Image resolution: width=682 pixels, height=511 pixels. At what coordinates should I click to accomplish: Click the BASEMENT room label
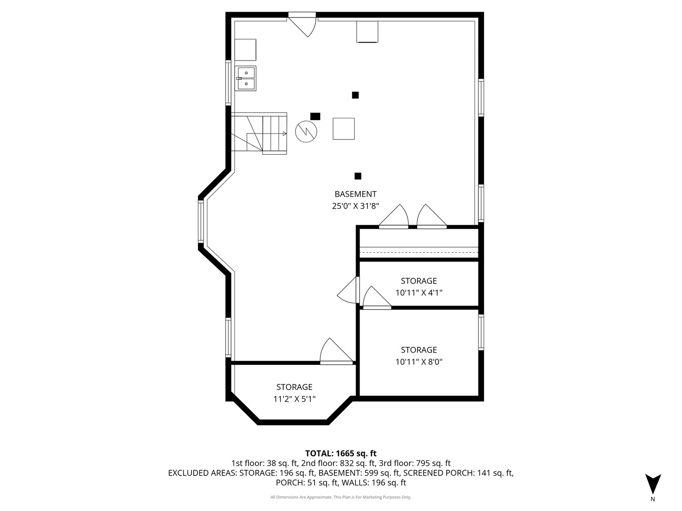(x=355, y=194)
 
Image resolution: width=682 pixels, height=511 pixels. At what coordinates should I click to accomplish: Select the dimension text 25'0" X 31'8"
(x=355, y=206)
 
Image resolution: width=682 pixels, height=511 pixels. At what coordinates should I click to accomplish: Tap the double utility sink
(x=246, y=79)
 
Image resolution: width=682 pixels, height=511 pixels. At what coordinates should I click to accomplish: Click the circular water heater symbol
(x=306, y=131)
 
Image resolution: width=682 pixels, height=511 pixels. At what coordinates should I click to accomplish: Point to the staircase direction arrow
(x=284, y=134)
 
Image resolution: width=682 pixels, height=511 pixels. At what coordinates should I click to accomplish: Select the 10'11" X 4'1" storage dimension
(x=419, y=293)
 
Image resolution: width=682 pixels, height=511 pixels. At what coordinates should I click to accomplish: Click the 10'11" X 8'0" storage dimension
(x=419, y=362)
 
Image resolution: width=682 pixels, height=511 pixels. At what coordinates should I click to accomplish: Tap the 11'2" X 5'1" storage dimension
(x=294, y=399)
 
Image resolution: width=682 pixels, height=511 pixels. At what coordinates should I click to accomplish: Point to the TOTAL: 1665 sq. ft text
(x=341, y=453)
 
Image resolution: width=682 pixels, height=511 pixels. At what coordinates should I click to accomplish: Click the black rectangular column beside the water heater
(x=315, y=116)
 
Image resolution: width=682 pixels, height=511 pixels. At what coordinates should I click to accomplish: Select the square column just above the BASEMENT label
(x=358, y=176)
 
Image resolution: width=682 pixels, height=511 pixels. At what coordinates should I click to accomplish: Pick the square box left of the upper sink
(x=245, y=50)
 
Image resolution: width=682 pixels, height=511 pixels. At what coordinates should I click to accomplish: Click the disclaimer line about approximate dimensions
(x=341, y=497)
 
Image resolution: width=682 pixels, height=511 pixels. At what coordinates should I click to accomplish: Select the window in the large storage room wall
(x=481, y=332)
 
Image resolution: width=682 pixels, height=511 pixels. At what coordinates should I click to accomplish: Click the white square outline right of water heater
(x=343, y=129)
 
